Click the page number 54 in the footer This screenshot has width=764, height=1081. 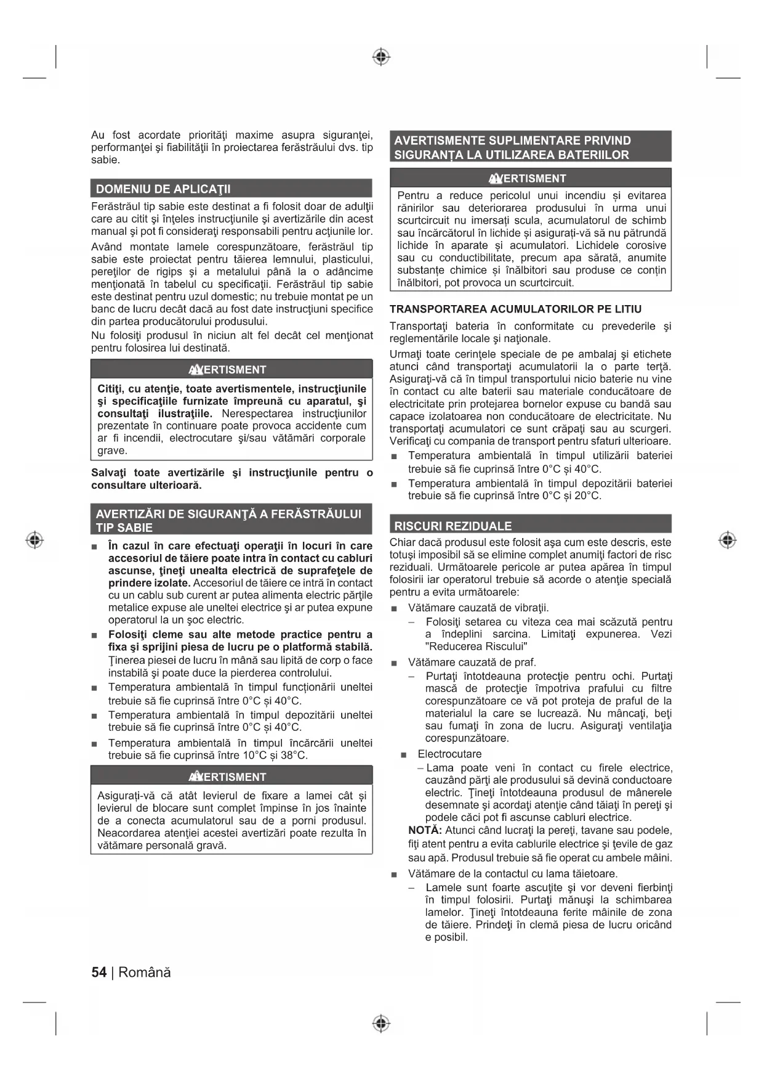(99, 973)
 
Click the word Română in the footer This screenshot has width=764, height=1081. (145, 973)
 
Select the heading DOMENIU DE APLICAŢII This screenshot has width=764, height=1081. (163, 189)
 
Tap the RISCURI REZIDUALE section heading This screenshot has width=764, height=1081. (453, 526)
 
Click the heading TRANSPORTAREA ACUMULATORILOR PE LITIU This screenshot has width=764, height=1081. (515, 309)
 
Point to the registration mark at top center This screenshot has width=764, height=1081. (382, 57)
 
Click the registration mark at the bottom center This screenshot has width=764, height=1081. (382, 1024)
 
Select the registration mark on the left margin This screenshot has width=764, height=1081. (35, 540)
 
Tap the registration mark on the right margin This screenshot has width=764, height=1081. (728, 540)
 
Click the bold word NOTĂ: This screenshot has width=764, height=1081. (425, 831)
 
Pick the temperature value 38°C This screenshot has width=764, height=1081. (294, 756)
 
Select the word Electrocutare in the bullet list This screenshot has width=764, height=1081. (449, 754)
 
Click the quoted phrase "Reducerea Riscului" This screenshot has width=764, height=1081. (476, 647)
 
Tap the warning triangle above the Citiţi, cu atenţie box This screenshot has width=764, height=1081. (196, 370)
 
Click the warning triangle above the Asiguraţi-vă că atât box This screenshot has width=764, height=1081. (196, 777)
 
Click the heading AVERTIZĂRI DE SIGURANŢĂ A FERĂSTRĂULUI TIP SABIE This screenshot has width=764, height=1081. (228, 520)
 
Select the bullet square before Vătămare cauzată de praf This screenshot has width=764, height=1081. (395, 663)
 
